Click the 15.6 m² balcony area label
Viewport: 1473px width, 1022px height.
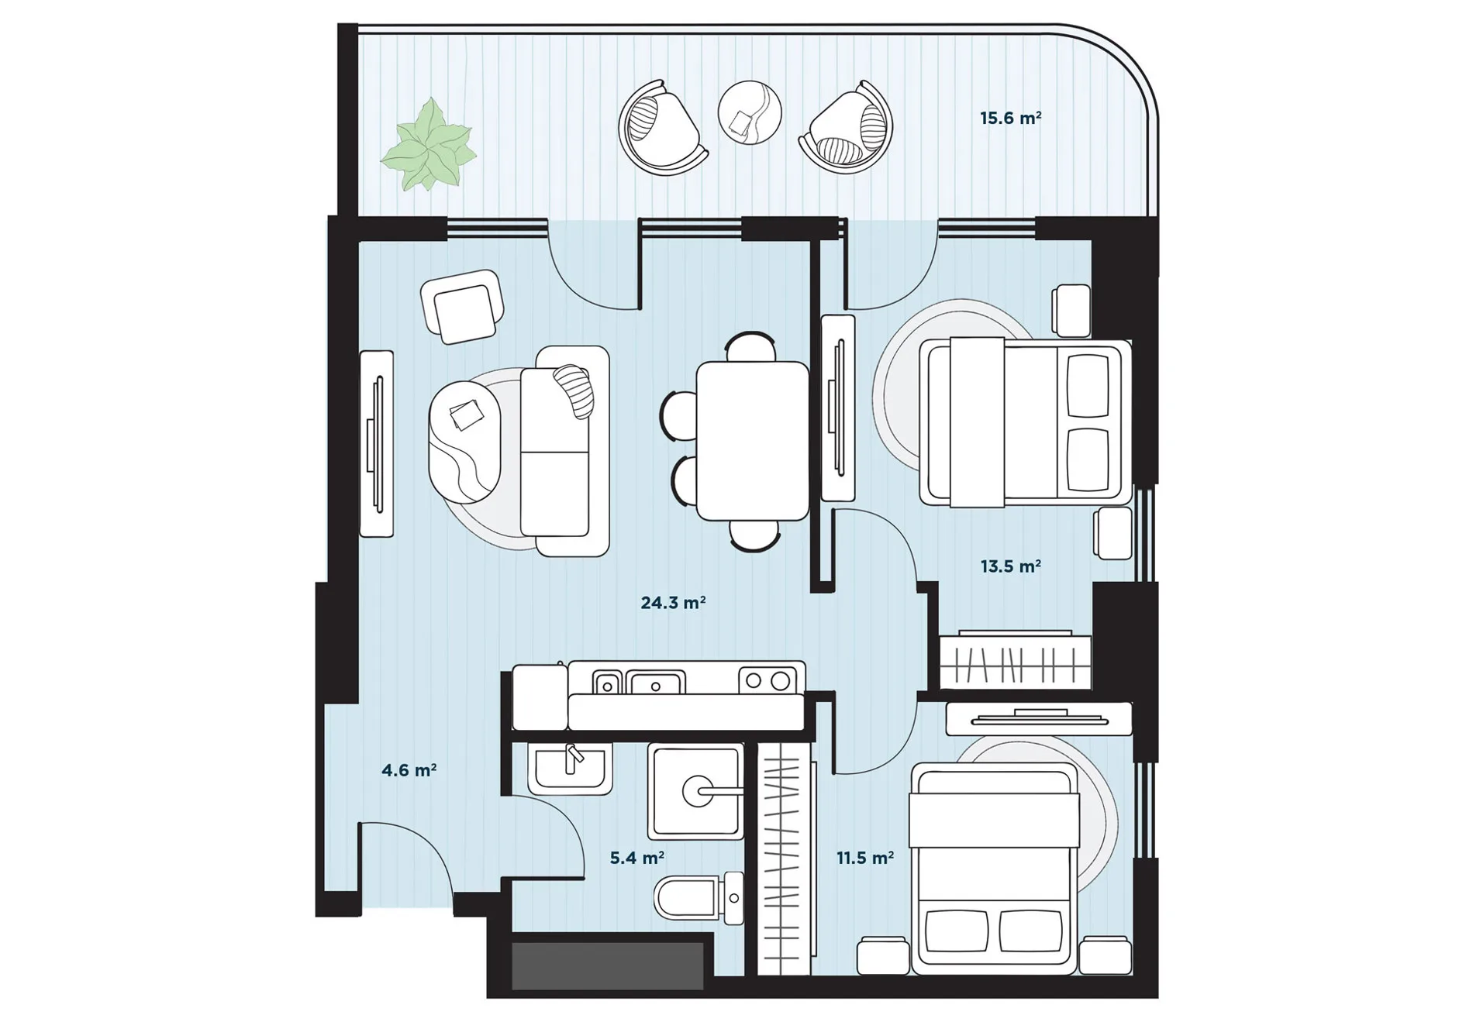[1010, 118]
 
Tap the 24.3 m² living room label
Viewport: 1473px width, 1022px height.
[673, 602]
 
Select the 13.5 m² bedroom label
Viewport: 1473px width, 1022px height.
[1010, 566]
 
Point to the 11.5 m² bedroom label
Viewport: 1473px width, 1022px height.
[864, 858]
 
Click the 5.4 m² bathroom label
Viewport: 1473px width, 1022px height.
[636, 858]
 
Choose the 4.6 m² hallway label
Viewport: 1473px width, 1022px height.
[409, 770]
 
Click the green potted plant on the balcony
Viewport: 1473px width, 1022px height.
[428, 145]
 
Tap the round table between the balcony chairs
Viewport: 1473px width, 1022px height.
[749, 113]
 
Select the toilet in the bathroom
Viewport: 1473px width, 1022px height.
[699, 898]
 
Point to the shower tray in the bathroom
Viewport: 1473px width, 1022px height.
[695, 791]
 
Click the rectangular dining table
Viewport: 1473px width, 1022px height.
[752, 440]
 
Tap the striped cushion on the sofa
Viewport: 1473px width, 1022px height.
[574, 391]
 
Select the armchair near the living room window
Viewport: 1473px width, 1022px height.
[462, 306]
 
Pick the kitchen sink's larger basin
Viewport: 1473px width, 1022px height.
[655, 683]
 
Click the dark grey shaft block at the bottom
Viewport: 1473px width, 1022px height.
[608, 965]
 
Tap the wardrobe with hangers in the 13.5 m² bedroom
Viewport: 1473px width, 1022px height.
[1015, 662]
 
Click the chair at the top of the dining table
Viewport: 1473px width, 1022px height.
[750, 346]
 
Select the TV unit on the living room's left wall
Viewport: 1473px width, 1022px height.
[377, 443]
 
